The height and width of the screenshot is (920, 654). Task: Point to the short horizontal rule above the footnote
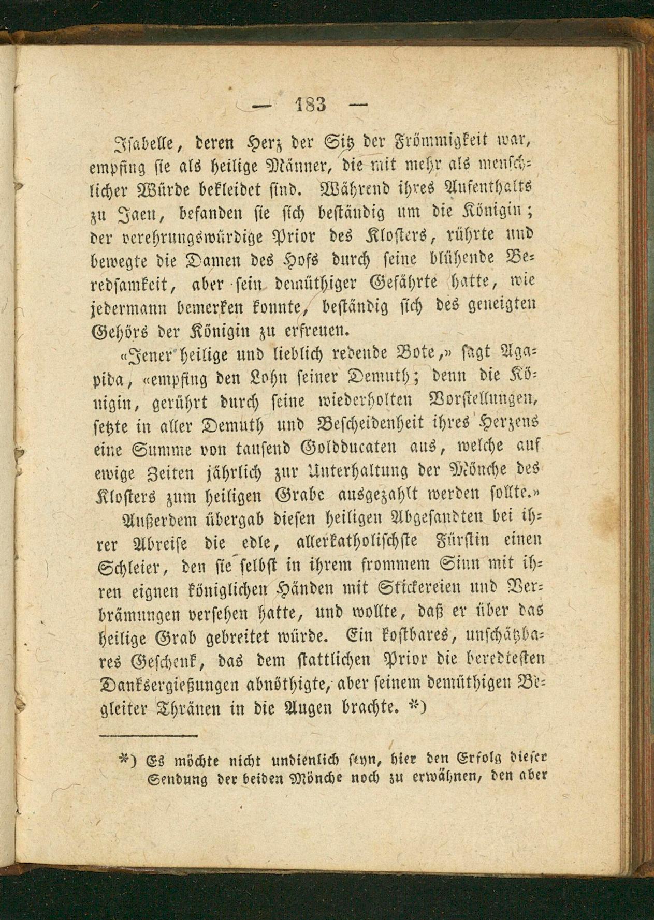pos(149,735)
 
